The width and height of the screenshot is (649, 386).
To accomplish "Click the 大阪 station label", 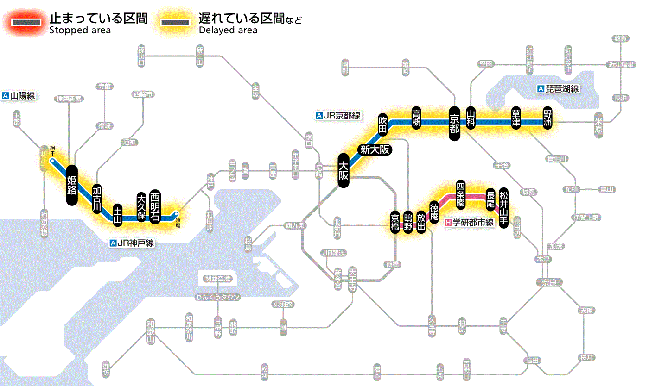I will click(x=343, y=171).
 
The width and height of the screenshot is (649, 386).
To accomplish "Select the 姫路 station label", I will click(x=72, y=185).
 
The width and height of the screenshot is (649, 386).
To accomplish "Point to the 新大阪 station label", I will click(x=375, y=149).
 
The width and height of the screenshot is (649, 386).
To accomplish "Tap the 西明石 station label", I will click(x=155, y=206).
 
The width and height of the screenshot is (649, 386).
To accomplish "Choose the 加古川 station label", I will click(x=97, y=199).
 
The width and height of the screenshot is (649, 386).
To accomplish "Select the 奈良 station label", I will click(x=548, y=282).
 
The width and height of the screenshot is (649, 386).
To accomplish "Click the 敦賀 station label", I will click(x=621, y=38).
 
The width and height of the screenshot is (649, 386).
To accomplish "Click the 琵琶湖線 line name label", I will click(x=558, y=89).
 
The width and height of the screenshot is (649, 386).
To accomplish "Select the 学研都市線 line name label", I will click(x=470, y=223).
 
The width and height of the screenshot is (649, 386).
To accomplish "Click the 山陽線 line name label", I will click(x=19, y=96).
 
